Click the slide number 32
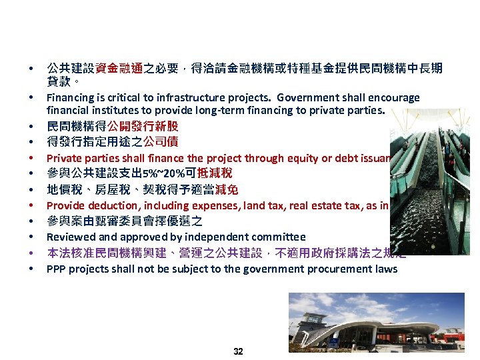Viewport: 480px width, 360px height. pyautogui.click(x=239, y=351)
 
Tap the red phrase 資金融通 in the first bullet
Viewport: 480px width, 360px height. pyautogui.click(x=119, y=68)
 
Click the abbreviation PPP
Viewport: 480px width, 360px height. pyautogui.click(x=56, y=269)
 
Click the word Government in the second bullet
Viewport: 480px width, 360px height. pyautogui.click(x=309, y=98)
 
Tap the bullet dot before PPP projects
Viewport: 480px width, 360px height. pyautogui.click(x=31, y=269)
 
